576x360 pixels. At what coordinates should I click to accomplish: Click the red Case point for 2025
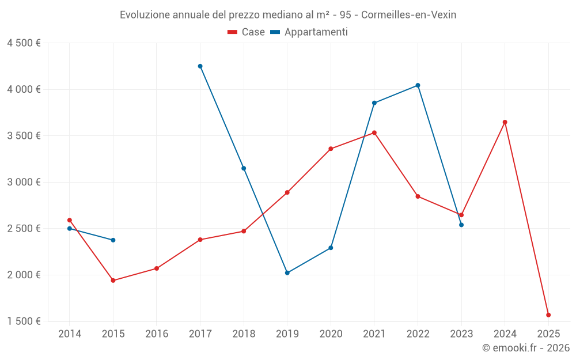tap(548, 315)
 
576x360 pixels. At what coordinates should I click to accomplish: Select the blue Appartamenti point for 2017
tap(200, 66)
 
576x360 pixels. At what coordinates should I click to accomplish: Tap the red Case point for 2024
tap(505, 122)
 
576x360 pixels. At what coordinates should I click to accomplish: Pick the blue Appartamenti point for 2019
tap(287, 273)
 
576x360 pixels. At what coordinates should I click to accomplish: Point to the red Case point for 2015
tap(113, 281)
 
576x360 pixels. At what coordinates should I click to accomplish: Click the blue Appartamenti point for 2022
tap(418, 85)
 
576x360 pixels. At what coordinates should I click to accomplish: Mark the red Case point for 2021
tap(374, 132)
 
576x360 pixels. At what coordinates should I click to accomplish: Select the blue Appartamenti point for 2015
tap(113, 240)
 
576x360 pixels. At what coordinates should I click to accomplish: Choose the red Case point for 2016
tap(157, 268)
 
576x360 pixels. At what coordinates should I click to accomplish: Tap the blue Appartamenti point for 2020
tap(331, 248)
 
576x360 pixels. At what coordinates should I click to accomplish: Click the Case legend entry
tap(247, 32)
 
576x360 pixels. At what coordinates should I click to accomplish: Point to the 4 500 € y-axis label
tap(24, 43)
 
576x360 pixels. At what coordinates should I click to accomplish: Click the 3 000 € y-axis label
tap(24, 182)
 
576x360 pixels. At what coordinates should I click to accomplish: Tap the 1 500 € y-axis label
tap(24, 321)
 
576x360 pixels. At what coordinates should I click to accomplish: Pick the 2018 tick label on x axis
tap(244, 334)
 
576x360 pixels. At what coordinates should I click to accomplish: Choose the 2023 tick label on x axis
tap(461, 334)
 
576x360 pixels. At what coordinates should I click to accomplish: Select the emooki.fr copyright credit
tap(525, 348)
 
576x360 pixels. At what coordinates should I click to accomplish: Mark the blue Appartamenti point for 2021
tap(374, 103)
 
